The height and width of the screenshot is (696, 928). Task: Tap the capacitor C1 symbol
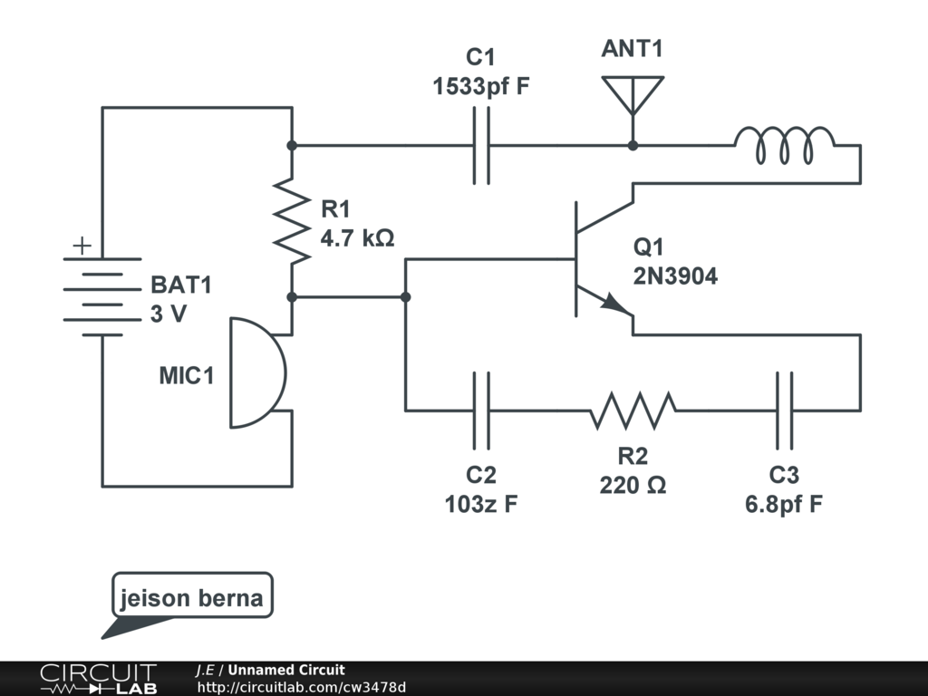pos(480,145)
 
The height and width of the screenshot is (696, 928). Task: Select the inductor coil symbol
pos(784,146)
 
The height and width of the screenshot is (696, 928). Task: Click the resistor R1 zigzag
pos(292,221)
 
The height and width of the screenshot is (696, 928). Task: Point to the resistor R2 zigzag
pos(633,410)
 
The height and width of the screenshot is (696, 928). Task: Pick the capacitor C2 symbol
pos(480,410)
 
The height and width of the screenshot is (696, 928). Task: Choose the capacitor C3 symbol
pos(784,410)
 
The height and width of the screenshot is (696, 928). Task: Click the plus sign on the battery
pos(82,245)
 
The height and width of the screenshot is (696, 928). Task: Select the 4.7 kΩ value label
pos(357,238)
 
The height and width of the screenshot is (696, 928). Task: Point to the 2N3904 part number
pos(675,276)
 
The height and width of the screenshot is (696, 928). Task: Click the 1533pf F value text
pos(480,88)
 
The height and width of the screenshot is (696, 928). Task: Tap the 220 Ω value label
pos(633,486)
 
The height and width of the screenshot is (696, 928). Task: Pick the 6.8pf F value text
pos(784,505)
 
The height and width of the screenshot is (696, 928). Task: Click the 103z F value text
pos(480,505)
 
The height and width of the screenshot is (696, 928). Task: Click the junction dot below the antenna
pos(633,145)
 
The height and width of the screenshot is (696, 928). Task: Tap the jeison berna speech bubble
pos(191,598)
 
